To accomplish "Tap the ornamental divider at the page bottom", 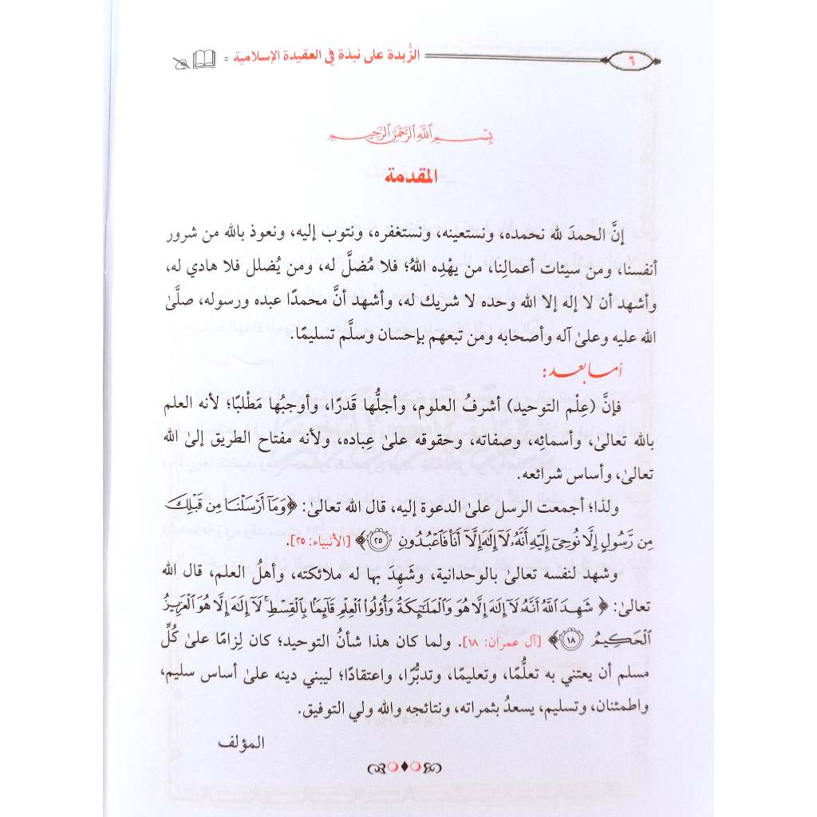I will pos(406,769).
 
